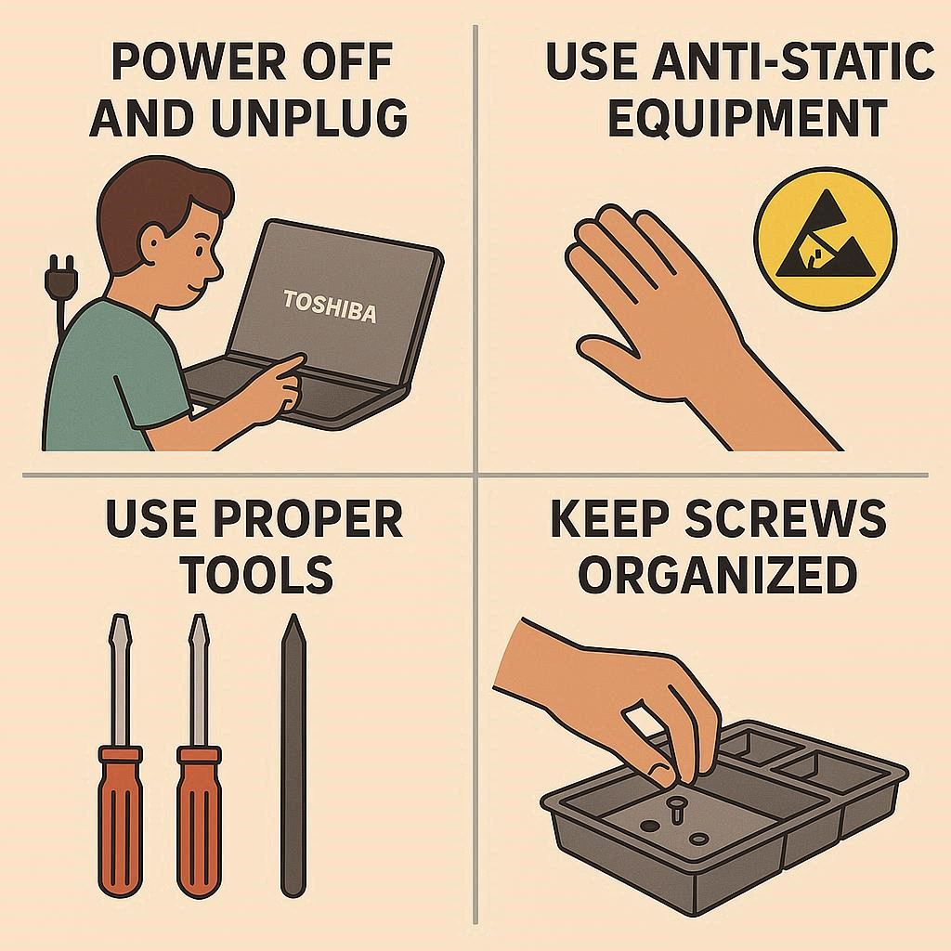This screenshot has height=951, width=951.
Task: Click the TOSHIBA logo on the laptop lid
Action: point(330,306)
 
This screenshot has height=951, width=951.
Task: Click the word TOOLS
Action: point(259,574)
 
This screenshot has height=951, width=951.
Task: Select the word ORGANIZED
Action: point(718,574)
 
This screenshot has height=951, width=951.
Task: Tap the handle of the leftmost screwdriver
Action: point(120,821)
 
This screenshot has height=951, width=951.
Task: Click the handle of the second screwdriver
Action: point(199,821)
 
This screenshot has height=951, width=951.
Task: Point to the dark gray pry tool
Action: point(293,755)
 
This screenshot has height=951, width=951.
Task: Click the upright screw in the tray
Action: point(675,809)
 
